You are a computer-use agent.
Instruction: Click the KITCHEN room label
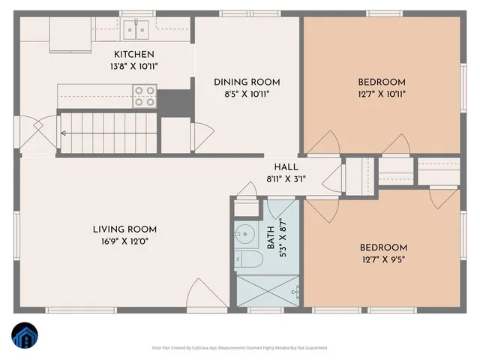134,54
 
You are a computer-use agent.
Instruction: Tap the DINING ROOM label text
247,82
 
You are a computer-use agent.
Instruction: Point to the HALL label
286,167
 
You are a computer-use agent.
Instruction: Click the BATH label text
271,237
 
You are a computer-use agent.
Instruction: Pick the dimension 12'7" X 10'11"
381,94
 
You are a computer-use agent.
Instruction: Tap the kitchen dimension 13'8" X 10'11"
134,66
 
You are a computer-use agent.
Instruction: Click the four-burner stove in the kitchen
144,95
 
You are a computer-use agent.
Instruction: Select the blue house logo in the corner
23,336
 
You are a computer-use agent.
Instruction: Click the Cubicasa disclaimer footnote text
240,347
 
